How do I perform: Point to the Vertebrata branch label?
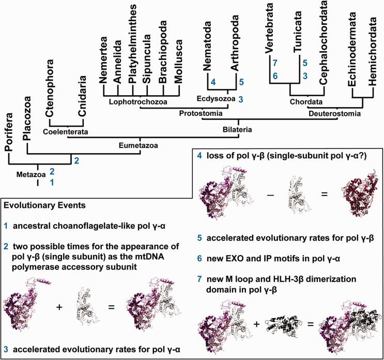tap(269, 29)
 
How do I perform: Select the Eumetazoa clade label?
tap(139, 146)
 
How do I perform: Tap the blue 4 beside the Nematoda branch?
tap(211, 82)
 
